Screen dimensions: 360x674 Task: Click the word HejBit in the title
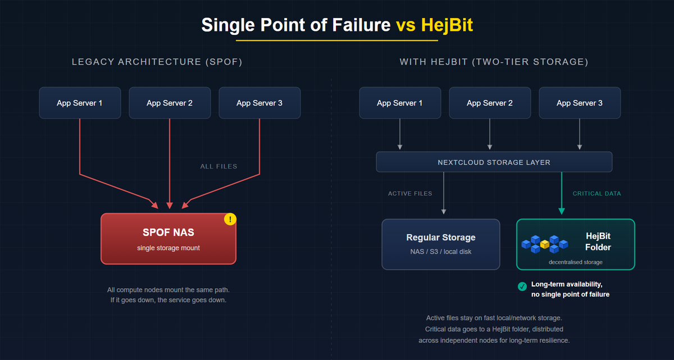(x=447, y=25)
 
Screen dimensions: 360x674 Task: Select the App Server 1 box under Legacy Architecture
(x=80, y=103)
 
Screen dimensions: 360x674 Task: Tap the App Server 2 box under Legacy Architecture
(x=170, y=103)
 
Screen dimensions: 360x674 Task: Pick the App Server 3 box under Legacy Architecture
(x=259, y=103)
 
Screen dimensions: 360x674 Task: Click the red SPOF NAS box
(x=168, y=239)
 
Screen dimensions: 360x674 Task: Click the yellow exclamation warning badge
(x=230, y=219)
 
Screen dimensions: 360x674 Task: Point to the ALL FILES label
(x=218, y=166)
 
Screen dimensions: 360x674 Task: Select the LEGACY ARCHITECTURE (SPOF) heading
(x=157, y=62)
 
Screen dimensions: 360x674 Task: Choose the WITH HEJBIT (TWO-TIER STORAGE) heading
(x=494, y=62)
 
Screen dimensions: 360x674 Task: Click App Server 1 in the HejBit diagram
(x=400, y=103)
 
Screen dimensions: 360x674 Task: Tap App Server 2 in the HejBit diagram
(x=490, y=103)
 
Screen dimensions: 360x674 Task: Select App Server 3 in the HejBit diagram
(x=580, y=103)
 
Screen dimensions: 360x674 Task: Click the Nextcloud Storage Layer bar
(x=494, y=162)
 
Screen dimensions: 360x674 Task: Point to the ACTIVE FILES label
(x=410, y=193)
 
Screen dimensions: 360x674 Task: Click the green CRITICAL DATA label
(x=596, y=193)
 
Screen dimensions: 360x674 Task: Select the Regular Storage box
(x=441, y=244)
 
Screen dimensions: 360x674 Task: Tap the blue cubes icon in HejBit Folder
(x=544, y=243)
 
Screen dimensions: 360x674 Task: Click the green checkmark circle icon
(x=522, y=286)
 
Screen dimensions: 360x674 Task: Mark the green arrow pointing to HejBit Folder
(x=562, y=194)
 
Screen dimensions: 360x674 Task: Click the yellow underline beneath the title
(x=337, y=40)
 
